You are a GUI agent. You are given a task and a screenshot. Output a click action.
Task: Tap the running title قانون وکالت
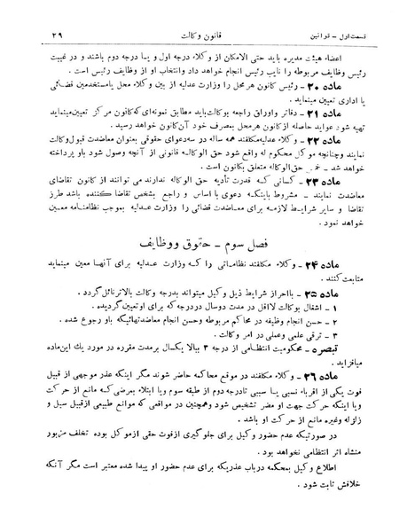[x=208, y=12]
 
